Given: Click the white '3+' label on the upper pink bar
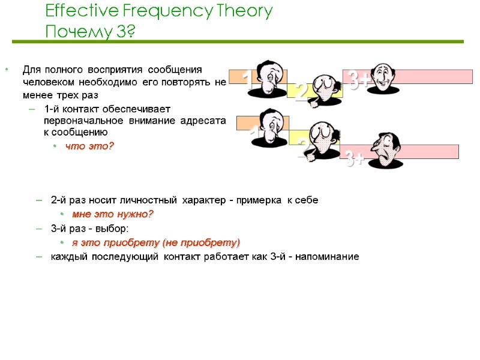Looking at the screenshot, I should pyautogui.click(x=358, y=80).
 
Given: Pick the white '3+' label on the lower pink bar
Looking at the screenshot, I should pyautogui.click(x=355, y=160).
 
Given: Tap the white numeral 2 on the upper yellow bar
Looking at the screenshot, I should pyautogui.click(x=302, y=92).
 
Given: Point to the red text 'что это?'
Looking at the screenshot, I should pyautogui.click(x=89, y=146).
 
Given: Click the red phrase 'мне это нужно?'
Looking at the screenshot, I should pyautogui.click(x=113, y=214).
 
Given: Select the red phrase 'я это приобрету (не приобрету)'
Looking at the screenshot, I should pyautogui.click(x=155, y=242).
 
